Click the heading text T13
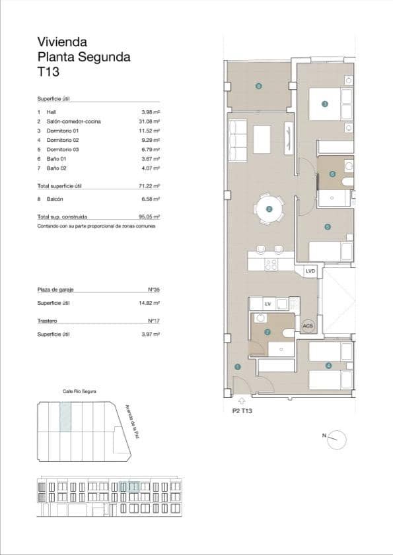49,72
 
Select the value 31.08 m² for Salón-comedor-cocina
151,121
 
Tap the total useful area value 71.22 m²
151,186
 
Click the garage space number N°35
155,290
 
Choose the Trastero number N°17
155,321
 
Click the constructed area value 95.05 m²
151,216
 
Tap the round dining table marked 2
269,209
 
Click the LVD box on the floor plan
310,271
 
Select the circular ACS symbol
307,326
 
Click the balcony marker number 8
258,86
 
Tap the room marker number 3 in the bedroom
324,104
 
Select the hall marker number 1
238,368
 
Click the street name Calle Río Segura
79,391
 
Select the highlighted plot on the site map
65,417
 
